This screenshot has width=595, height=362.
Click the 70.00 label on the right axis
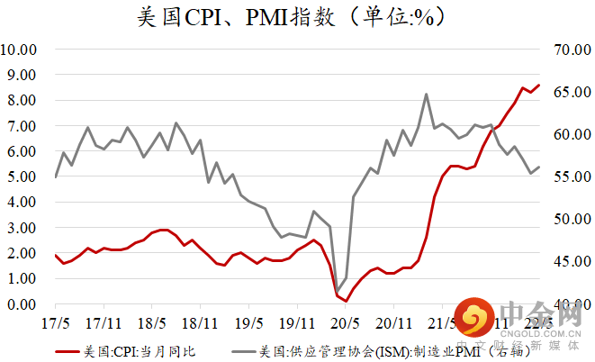click(x=570, y=49)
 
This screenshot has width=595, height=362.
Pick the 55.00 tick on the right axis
click(x=570, y=176)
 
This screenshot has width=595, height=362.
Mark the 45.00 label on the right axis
click(x=570, y=262)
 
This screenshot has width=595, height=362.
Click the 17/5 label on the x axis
click(x=56, y=321)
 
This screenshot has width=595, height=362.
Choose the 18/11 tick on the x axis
click(x=200, y=321)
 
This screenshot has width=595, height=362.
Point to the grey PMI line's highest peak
click(x=426, y=94)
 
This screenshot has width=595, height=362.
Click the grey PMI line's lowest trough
click(x=338, y=292)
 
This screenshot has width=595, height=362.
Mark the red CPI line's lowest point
click(x=346, y=301)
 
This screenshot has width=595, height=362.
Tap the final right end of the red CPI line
click(x=538, y=86)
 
